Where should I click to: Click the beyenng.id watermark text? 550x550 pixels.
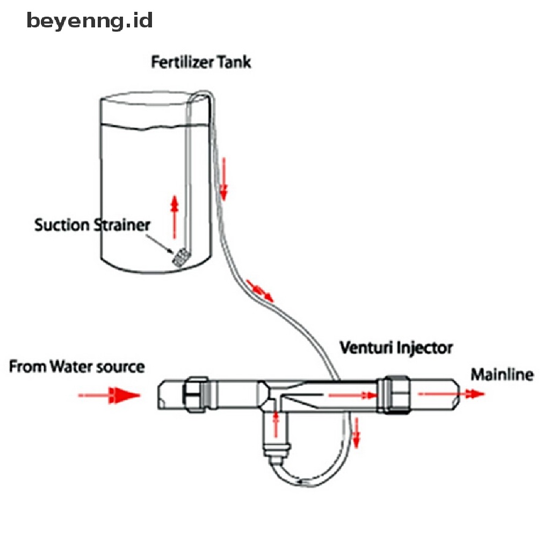pos(90,21)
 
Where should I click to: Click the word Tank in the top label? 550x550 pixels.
pos(234,62)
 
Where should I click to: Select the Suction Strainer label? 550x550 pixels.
pos(92,225)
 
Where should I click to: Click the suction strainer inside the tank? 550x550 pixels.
pos(179,256)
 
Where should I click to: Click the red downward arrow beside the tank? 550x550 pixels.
pos(223,177)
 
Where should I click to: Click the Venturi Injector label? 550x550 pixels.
pos(396,348)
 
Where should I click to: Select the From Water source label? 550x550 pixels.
pos(77,367)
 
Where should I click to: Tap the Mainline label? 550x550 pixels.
pos(502,374)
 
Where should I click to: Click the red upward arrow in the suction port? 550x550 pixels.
pos(277,424)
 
